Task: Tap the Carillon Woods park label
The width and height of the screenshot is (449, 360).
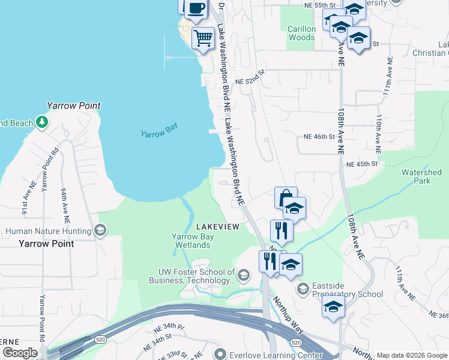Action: (x=301, y=33)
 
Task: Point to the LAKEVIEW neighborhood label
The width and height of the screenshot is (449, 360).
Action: (x=218, y=226)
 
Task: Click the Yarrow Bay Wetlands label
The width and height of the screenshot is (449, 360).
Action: (x=193, y=240)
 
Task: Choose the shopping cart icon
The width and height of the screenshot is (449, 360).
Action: (x=203, y=38)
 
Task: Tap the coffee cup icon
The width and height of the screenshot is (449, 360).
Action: (x=196, y=8)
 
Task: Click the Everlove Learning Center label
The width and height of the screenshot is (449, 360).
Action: (x=268, y=353)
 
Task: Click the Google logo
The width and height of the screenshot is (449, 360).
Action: (x=20, y=353)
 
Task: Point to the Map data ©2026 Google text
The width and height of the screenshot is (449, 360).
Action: (x=412, y=355)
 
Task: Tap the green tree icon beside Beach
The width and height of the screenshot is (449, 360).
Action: (x=41, y=123)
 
